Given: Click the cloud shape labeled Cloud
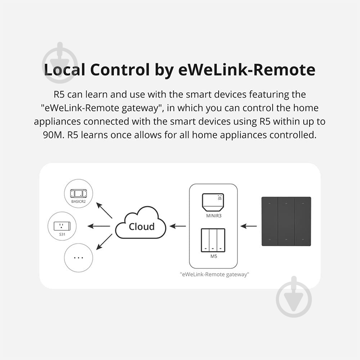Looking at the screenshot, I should point(141,226).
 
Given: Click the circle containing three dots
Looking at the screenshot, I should point(78,257).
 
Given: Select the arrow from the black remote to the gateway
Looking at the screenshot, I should point(248,226).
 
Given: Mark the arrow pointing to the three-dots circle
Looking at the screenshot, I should point(105,242).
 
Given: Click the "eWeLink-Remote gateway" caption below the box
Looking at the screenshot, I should point(214,274).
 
